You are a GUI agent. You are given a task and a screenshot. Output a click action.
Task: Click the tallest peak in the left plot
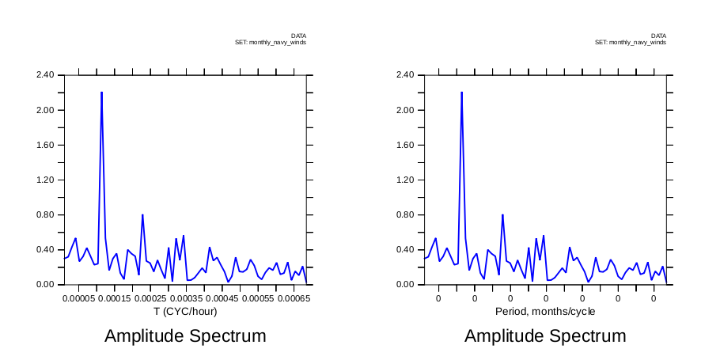point(102,93)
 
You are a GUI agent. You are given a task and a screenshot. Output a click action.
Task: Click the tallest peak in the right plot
point(461,93)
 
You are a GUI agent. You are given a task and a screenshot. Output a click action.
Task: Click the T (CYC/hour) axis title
point(185,312)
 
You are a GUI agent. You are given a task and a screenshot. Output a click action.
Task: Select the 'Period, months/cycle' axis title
point(545,312)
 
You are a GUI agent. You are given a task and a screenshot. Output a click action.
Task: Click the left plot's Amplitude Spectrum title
point(185,336)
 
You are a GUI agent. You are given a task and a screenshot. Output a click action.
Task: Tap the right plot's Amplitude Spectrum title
point(545,336)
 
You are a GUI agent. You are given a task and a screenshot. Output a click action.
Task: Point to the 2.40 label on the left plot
point(45,75)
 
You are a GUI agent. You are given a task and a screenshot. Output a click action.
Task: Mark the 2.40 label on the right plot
point(405,75)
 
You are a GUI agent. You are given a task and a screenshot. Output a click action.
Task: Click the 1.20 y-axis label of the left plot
point(45,180)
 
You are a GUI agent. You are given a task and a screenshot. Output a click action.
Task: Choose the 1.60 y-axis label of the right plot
point(405,146)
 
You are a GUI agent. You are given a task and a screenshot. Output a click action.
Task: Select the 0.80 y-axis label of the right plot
point(405,215)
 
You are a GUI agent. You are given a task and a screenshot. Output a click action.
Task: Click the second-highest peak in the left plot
point(142,215)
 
